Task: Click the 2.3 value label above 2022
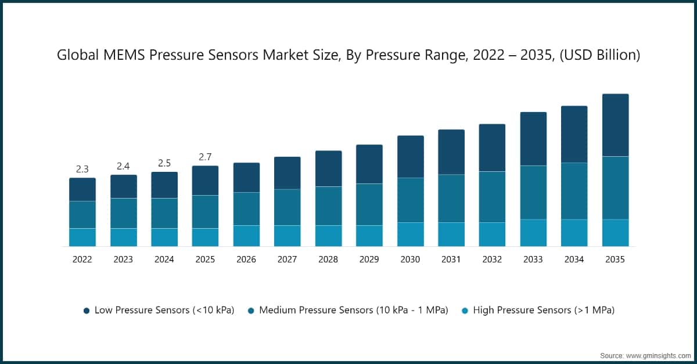(x=82, y=170)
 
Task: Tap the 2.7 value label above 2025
(x=205, y=157)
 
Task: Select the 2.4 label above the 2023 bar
(x=123, y=166)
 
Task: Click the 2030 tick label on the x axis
(x=410, y=260)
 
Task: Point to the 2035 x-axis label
(x=615, y=260)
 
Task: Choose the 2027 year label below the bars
(x=287, y=260)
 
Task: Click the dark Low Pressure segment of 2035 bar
(x=615, y=125)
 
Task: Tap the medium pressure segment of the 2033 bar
(x=533, y=192)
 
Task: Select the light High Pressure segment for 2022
(x=82, y=237)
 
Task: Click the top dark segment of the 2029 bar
(x=369, y=164)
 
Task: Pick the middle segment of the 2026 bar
(x=246, y=208)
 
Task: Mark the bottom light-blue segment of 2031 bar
(x=451, y=234)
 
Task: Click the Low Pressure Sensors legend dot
(x=87, y=311)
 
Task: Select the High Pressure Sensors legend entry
(x=543, y=310)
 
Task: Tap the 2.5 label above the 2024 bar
(x=164, y=163)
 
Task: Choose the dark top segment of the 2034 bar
(x=574, y=134)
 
